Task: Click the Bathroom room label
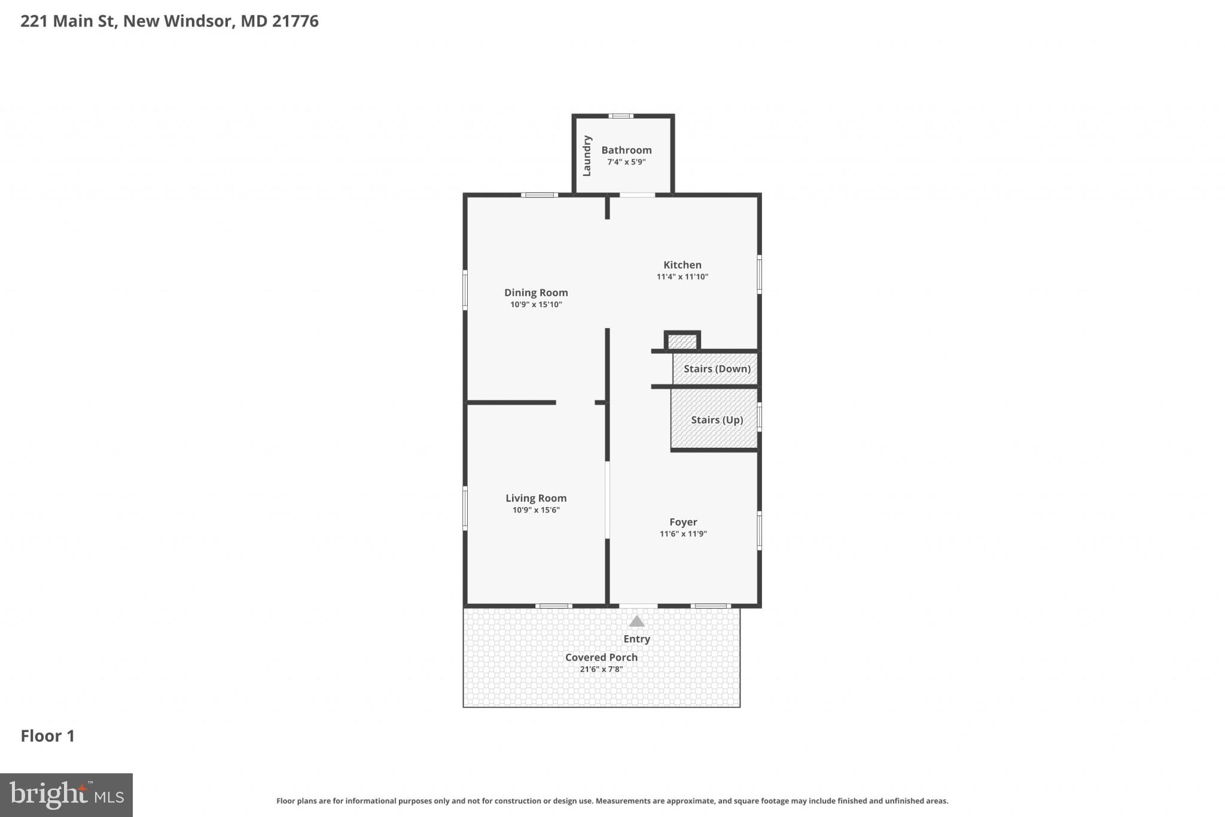(626, 150)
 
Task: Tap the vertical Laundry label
(587, 156)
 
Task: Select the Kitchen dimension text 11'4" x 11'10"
(682, 277)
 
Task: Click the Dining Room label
(536, 293)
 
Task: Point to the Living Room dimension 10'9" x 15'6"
(536, 510)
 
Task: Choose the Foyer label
(683, 522)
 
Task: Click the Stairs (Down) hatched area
(715, 369)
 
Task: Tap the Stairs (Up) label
(717, 420)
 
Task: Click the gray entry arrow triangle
(636, 622)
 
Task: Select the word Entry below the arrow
(636, 639)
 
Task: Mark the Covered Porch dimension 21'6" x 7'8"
(601, 669)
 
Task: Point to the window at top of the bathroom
(621, 116)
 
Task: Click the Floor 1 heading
(48, 736)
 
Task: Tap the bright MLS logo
(66, 795)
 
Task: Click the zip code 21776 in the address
(295, 21)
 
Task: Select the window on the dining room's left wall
(465, 290)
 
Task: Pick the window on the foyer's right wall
(759, 530)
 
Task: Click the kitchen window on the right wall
(759, 275)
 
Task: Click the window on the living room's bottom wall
(553, 606)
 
